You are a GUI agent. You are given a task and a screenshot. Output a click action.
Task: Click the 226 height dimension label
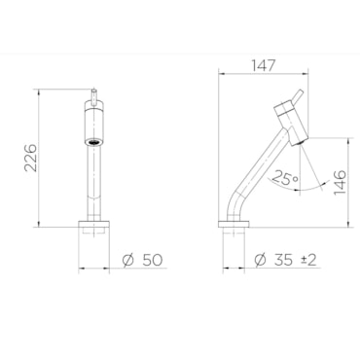pos(31,158)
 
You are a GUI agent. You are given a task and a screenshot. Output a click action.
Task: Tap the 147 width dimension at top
pos(263,66)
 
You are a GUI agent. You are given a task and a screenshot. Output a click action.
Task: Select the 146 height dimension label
pos(340,182)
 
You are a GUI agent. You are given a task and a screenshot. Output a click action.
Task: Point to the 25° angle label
pos(285,178)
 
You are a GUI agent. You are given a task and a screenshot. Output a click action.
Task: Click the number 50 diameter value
pos(152,260)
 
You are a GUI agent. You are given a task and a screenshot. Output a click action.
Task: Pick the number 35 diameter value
pos(283,260)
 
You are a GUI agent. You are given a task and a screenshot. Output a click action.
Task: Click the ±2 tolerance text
pos(308,260)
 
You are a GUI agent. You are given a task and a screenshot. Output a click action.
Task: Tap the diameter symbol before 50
pos(128,260)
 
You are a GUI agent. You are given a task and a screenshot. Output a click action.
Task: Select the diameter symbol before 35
pos(260,260)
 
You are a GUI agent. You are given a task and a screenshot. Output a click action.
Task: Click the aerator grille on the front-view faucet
pos(94,142)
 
